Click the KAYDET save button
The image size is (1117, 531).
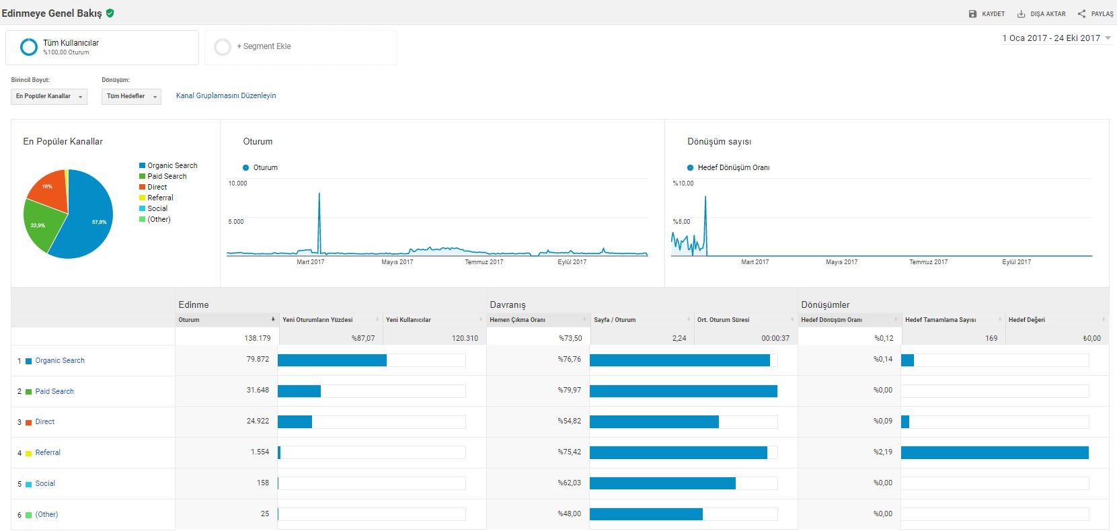(987, 14)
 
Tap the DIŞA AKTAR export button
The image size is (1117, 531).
(1041, 14)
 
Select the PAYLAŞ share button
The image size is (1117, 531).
(1095, 14)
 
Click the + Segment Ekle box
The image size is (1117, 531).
(301, 47)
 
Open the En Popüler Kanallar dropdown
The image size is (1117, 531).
(49, 96)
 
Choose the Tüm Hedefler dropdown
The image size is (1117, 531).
(131, 96)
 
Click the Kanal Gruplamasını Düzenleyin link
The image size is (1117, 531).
(226, 95)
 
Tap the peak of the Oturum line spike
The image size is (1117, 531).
(319, 194)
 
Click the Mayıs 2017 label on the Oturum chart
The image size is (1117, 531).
(397, 262)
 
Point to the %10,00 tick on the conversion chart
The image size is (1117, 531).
(683, 183)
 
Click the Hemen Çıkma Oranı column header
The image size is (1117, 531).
(517, 320)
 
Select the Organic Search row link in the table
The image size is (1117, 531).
(60, 360)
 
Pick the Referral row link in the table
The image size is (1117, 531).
(48, 453)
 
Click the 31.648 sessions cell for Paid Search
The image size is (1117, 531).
(258, 390)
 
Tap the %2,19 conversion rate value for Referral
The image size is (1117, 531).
(882, 452)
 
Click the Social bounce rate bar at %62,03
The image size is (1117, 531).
(662, 483)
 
